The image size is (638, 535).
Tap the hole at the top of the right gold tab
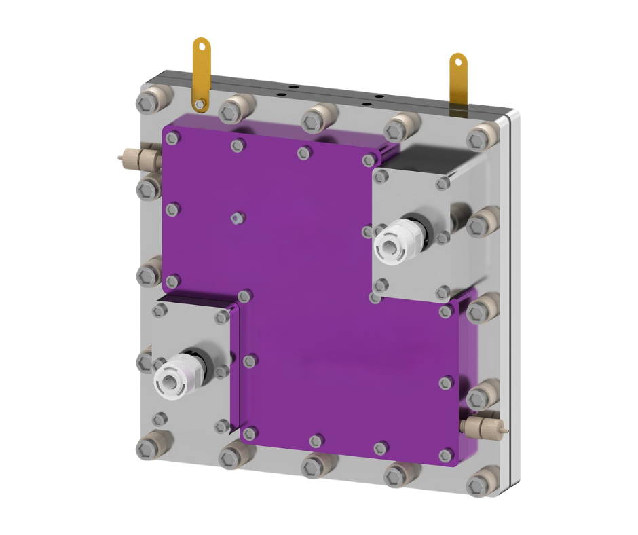(459, 63)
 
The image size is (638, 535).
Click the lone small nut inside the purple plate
(236, 217)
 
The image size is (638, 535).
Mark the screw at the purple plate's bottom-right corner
(445, 455)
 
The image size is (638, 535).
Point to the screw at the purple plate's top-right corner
(369, 160)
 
